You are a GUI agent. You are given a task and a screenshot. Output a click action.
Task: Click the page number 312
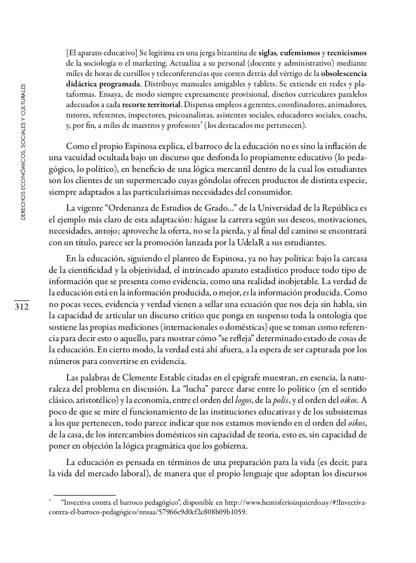coord(21,307)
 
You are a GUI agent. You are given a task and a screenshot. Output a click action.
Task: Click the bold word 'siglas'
coord(268,54)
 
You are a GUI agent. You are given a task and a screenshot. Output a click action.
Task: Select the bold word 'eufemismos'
coord(300,54)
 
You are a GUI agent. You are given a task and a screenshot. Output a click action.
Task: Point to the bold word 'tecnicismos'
coord(347,54)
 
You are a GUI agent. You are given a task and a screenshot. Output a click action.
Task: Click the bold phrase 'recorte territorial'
coord(151,105)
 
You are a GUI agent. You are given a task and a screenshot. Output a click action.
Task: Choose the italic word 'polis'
coord(281,401)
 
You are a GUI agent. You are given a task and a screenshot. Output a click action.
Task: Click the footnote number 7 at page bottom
coord(50,501)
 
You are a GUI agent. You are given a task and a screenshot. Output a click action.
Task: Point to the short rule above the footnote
coord(85,495)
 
